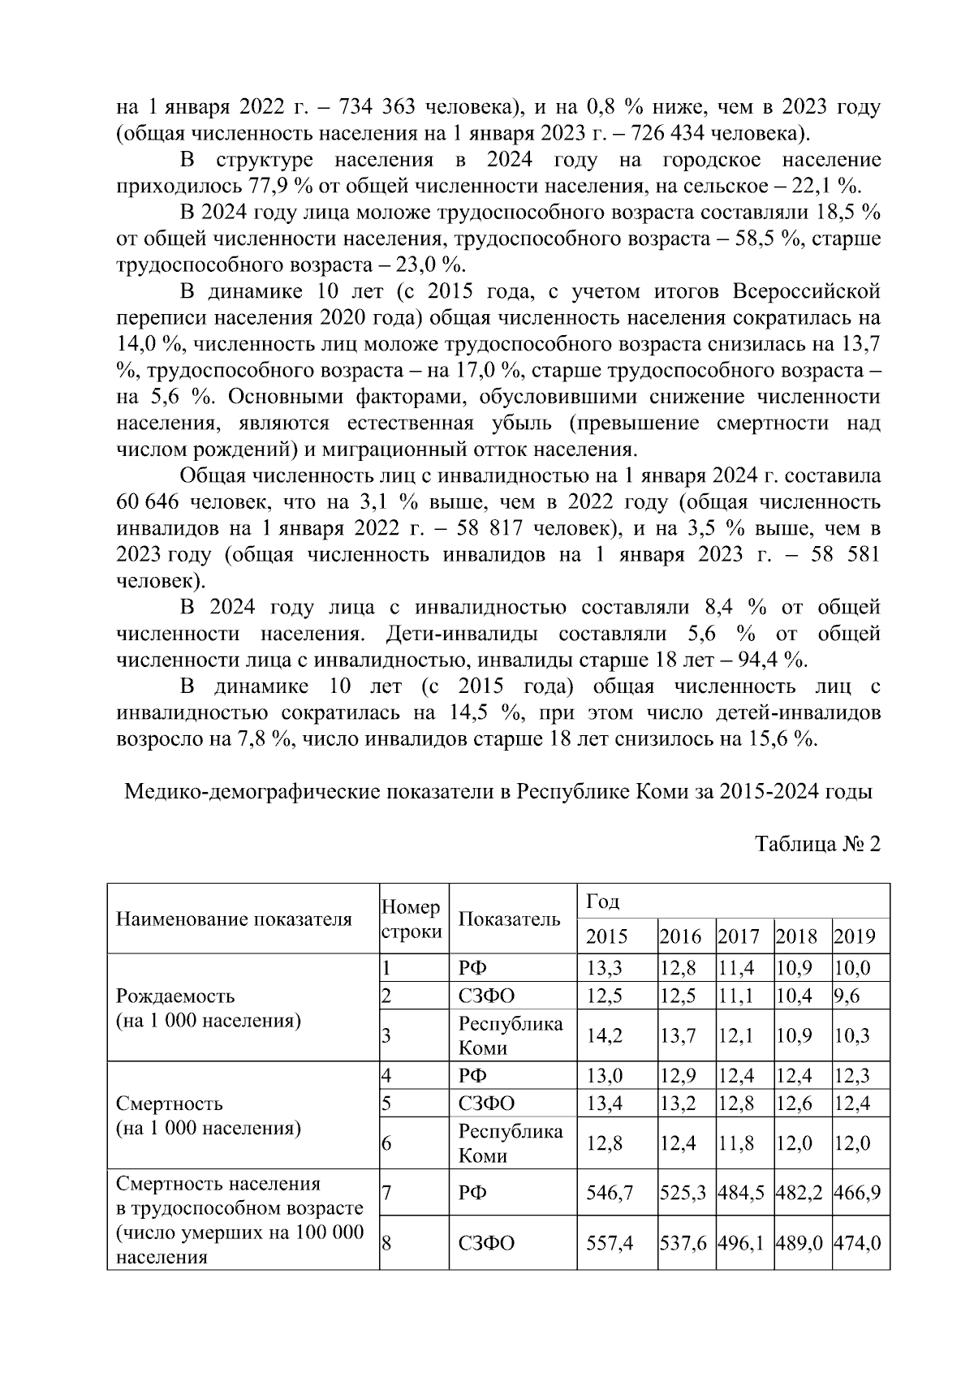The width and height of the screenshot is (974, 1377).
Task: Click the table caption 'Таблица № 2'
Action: click(x=817, y=844)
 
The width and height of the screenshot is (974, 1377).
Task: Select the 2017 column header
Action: click(x=738, y=936)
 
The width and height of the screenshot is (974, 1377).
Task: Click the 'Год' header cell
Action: click(x=602, y=901)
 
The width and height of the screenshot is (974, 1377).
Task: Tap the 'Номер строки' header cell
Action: click(x=412, y=919)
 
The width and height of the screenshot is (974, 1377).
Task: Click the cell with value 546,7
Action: click(x=609, y=1192)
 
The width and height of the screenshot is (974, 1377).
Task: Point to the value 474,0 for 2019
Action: click(x=858, y=1242)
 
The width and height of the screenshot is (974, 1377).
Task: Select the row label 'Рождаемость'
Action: click(x=175, y=996)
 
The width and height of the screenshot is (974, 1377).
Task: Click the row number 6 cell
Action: click(x=387, y=1143)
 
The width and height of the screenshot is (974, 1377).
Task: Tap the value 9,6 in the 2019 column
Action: click(x=846, y=996)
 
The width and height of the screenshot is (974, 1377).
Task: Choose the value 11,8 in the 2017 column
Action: click(x=735, y=1143)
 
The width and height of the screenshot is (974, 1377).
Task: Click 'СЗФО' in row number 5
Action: click(x=486, y=1104)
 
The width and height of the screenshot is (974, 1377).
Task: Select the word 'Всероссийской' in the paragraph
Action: click(x=807, y=291)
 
